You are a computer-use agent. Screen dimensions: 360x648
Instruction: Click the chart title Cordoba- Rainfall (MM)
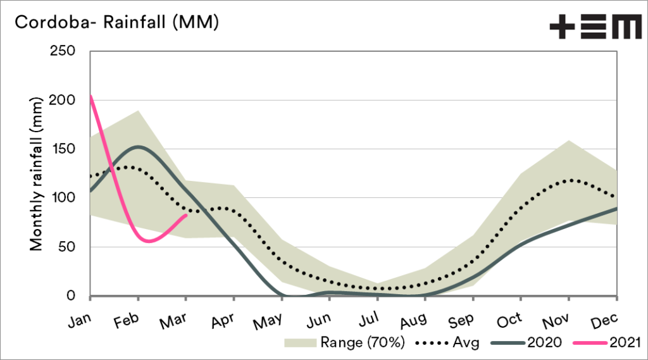tap(116, 23)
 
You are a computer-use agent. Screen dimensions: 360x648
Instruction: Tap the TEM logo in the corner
tap(595, 27)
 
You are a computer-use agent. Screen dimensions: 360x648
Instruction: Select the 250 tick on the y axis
tap(63, 51)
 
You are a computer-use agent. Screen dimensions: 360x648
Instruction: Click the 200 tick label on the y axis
tap(63, 100)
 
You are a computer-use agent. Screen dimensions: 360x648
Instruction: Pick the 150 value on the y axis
tap(64, 149)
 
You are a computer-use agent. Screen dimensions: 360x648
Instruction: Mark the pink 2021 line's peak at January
tap(91, 96)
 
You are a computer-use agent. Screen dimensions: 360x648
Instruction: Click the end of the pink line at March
tap(186, 215)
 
